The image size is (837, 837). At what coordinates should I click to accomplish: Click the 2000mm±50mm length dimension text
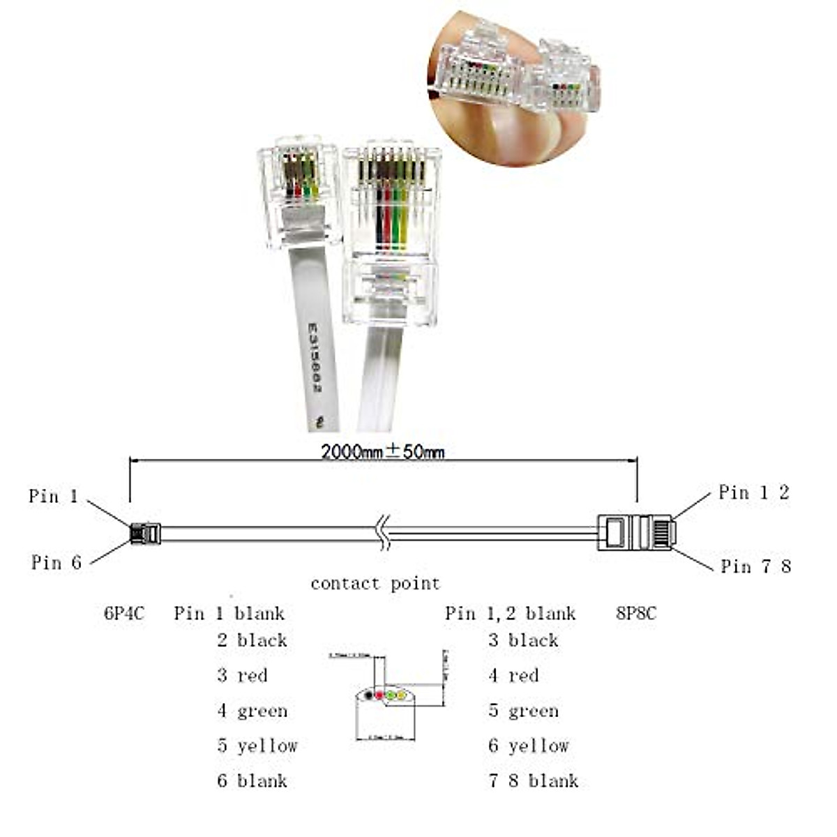click(x=382, y=451)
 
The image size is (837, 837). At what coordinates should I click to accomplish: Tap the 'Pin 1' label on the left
click(x=53, y=496)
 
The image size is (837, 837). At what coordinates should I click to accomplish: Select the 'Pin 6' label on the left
click(x=56, y=562)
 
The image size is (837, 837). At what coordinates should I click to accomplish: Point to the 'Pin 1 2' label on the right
click(x=753, y=492)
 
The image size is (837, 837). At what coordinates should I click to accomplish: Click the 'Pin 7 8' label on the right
click(x=755, y=566)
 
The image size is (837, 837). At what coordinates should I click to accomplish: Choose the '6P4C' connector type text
click(x=124, y=614)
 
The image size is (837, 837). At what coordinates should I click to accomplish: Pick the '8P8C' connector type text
click(x=636, y=614)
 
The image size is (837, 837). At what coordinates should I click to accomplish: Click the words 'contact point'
click(x=375, y=583)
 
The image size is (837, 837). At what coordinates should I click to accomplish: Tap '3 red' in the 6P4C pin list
click(x=241, y=675)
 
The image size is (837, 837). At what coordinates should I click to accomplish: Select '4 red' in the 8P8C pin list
click(x=513, y=675)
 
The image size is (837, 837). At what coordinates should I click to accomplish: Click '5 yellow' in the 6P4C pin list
click(x=257, y=746)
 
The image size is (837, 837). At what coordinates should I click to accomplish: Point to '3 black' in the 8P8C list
click(x=523, y=640)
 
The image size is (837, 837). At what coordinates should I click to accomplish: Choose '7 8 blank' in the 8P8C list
click(x=533, y=781)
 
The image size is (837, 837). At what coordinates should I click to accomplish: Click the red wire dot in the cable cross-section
click(x=379, y=695)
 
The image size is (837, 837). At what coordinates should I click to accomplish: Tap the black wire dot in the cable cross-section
click(x=368, y=695)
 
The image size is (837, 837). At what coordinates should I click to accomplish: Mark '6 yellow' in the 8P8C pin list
click(x=528, y=746)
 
